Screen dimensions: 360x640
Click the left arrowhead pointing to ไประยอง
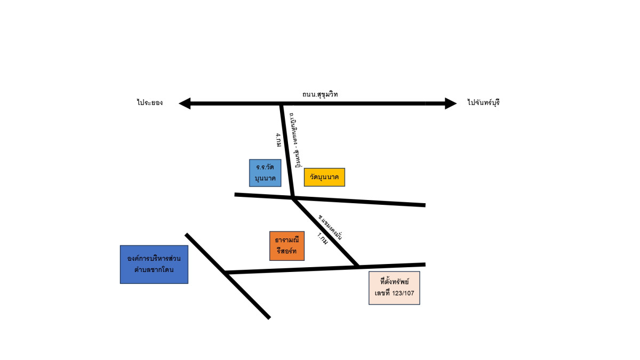pyautogui.click(x=185, y=103)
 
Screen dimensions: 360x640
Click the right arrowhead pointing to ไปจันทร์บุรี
pyautogui.click(x=451, y=103)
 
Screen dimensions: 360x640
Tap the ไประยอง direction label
pyautogui.click(x=149, y=102)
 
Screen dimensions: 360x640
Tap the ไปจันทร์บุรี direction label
pyautogui.click(x=483, y=102)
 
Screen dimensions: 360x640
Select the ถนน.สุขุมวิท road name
pyautogui.click(x=320, y=94)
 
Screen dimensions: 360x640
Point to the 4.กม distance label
pyautogui.click(x=278, y=140)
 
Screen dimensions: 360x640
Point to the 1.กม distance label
pyautogui.click(x=323, y=238)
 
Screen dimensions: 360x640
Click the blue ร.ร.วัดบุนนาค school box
pyautogui.click(x=265, y=173)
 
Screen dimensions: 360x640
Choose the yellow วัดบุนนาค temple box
pyautogui.click(x=324, y=177)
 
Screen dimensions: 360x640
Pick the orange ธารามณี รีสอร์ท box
pyautogui.click(x=287, y=245)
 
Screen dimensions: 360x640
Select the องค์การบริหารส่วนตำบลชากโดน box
pyautogui.click(x=154, y=264)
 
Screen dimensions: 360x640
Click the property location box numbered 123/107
pyautogui.click(x=394, y=288)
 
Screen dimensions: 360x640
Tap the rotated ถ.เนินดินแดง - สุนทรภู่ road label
pyautogui.click(x=292, y=139)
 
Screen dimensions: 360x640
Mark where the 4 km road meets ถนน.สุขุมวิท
pyautogui.click(x=281, y=104)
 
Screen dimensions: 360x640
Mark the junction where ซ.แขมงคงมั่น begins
pyautogui.click(x=293, y=198)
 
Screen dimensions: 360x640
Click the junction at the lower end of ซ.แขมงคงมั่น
pyautogui.click(x=357, y=265)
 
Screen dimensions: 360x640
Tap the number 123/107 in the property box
pyautogui.click(x=403, y=293)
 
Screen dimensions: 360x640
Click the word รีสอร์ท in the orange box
pyautogui.click(x=287, y=251)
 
